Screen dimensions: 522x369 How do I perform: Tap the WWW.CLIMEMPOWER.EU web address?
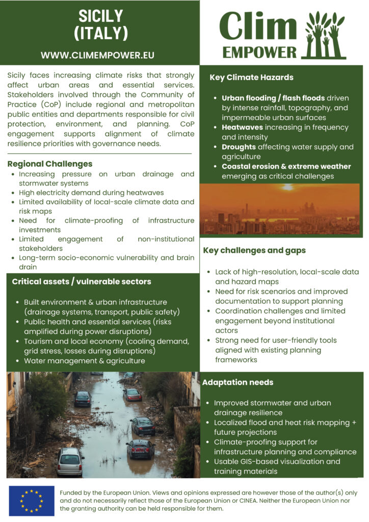click(97, 55)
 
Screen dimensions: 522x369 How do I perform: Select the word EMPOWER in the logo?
click(259, 52)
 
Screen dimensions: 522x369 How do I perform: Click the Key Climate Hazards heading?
click(251, 77)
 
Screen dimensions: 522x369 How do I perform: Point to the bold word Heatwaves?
click(242, 127)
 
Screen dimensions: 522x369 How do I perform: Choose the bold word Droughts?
click(240, 147)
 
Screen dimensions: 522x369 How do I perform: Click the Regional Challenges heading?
click(50, 164)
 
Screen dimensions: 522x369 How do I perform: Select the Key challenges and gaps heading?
click(254, 250)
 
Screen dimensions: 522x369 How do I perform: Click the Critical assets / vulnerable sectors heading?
click(82, 281)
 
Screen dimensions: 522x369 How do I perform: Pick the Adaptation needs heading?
click(238, 382)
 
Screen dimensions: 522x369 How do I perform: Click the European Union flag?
click(32, 501)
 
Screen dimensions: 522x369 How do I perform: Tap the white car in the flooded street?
click(70, 461)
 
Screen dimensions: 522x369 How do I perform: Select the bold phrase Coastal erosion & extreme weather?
click(286, 166)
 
